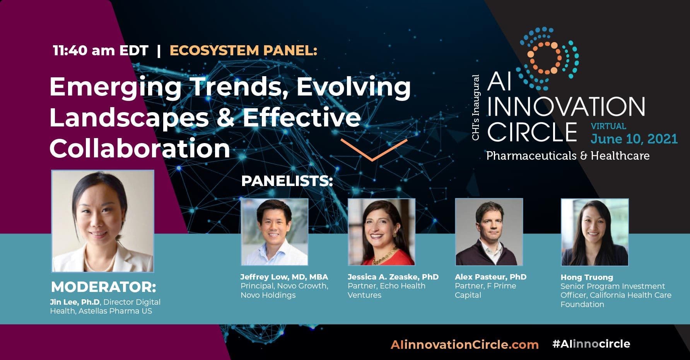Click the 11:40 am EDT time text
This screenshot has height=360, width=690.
tap(101, 50)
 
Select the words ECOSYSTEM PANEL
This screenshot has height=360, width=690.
tap(243, 50)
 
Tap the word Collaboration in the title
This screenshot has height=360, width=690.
tap(140, 148)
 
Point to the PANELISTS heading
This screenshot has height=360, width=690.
tap(287, 181)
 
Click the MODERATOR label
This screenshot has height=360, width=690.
tap(104, 287)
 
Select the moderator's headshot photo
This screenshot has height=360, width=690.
tap(103, 221)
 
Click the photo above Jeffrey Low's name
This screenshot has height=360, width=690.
tap(275, 232)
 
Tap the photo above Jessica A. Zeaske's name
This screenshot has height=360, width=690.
tap(382, 232)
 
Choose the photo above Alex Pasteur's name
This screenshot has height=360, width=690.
tap(489, 232)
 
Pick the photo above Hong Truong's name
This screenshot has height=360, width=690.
tap(595, 232)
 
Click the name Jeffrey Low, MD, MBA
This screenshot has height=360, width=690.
tap(284, 277)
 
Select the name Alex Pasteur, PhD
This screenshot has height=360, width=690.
tap(491, 277)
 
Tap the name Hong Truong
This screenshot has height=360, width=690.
tap(587, 277)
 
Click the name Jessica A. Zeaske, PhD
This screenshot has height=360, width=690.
tap(393, 277)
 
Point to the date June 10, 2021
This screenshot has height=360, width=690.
tap(634, 139)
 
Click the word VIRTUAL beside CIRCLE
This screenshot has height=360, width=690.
tap(608, 126)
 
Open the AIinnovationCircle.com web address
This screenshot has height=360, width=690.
tap(465, 345)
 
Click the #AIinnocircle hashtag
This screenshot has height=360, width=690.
tap(591, 344)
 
